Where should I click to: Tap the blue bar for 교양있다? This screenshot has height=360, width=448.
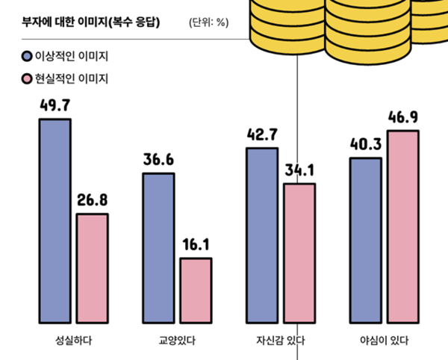tap(158, 249)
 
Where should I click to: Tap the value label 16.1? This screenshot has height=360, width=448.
tap(196, 246)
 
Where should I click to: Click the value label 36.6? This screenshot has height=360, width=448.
tap(158, 161)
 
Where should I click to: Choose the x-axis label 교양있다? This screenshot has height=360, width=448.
tap(178, 341)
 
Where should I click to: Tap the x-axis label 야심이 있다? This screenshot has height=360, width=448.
tap(384, 341)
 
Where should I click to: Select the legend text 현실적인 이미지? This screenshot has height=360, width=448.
tap(72, 78)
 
